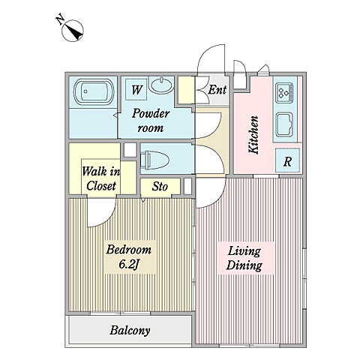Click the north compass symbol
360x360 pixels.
(73, 31)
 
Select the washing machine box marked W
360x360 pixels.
(136, 89)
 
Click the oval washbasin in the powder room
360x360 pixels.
(162, 85)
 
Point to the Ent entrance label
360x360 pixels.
(217, 89)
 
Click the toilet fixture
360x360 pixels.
(155, 159)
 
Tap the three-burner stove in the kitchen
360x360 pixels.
(284, 92)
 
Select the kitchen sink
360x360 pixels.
(284, 124)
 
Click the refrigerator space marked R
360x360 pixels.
(287, 160)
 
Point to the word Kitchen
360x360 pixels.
(253, 134)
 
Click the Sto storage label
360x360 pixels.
(160, 186)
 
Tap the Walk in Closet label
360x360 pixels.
(101, 178)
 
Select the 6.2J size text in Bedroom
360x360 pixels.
(129, 265)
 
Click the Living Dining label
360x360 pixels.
(244, 258)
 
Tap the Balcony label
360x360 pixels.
(130, 330)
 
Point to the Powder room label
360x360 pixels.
(151, 121)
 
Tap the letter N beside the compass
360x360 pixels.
(60, 20)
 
